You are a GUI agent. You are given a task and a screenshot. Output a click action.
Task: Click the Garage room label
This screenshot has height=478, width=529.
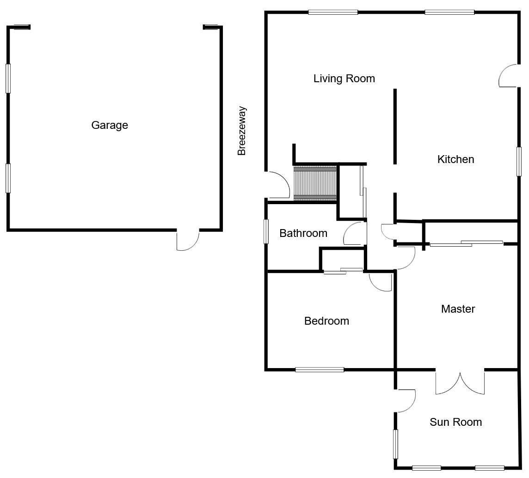click(110, 125)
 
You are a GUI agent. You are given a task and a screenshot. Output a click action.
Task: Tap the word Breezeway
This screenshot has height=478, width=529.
click(242, 131)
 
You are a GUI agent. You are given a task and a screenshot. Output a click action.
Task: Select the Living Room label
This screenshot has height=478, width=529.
click(344, 79)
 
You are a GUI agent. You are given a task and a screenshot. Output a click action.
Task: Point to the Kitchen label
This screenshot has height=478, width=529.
click(455, 159)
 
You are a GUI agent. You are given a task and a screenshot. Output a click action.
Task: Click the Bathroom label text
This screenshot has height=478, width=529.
click(303, 233)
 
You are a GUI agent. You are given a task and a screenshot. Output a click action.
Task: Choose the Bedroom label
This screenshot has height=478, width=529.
click(326, 321)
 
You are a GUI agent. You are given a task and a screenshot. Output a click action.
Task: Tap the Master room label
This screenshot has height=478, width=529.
click(458, 309)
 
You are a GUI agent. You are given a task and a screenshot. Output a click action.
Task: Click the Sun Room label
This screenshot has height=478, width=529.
click(455, 422)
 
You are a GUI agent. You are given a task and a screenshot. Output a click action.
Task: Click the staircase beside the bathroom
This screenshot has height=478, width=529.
click(315, 183)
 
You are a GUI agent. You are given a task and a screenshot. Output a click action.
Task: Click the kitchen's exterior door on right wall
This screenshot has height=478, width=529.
click(509, 75)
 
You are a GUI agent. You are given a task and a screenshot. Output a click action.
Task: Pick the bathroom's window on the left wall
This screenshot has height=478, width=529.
click(266, 231)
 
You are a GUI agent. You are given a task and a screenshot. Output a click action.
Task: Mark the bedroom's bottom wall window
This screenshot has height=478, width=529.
click(320, 369)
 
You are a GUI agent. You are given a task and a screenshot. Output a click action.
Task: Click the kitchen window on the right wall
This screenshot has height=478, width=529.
click(519, 161)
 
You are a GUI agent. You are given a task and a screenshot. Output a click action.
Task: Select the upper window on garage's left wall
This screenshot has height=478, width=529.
click(8, 79)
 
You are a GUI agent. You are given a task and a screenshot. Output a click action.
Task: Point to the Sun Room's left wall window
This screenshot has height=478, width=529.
click(395, 444)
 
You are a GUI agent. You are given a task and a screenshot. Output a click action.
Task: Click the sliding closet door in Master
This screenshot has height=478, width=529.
click(466, 243)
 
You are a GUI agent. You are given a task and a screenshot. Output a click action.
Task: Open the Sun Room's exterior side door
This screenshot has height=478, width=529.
click(405, 400)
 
